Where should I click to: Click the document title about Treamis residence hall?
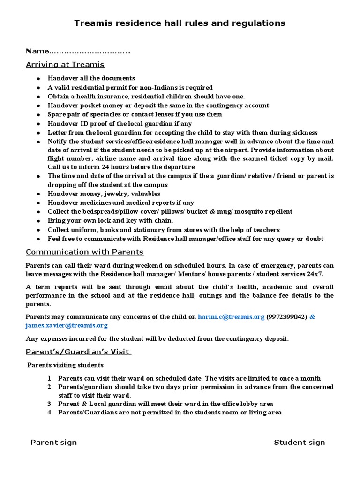180,23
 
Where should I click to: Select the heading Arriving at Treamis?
65,64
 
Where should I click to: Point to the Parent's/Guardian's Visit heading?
78,352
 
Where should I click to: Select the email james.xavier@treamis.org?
67,325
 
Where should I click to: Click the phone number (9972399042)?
287,317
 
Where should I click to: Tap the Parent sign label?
53,442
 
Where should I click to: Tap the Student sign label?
299,442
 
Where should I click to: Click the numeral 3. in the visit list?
50,404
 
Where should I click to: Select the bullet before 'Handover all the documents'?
38,78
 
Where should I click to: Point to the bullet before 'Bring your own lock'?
38,221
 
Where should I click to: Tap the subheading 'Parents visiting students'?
65,365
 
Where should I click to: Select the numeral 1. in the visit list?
50,378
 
